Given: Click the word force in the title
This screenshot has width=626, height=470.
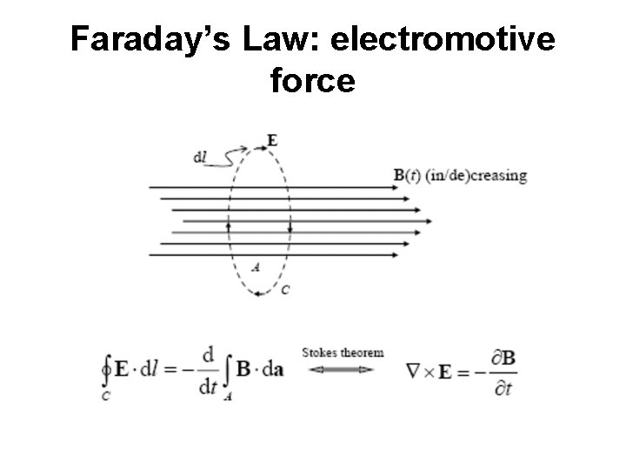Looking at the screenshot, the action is [313, 81].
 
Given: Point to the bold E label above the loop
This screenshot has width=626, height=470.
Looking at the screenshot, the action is [272, 139].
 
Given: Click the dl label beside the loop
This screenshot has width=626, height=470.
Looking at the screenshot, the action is [201, 158].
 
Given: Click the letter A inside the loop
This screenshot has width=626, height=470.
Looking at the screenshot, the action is [255, 267].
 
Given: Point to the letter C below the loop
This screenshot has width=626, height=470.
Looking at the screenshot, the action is [284, 290].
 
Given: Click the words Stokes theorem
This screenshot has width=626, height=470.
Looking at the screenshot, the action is [342, 352].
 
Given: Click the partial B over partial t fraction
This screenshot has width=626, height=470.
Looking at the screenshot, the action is [500, 372].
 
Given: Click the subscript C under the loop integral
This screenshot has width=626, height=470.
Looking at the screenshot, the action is [105, 397].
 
